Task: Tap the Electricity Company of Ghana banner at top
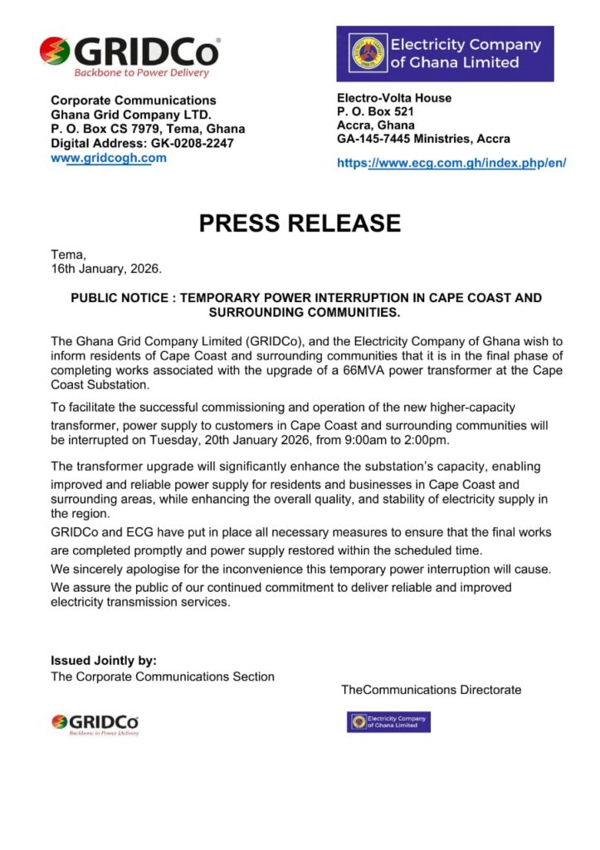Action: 445,53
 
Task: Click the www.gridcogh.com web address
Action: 109,158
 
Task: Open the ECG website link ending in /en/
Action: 451,164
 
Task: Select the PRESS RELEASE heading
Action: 300,222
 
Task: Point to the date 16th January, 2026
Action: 107,269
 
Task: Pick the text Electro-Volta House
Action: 394,98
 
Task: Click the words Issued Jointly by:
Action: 104,661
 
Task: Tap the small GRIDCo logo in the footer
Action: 95,724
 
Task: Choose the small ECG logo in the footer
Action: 388,721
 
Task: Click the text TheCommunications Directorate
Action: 431,690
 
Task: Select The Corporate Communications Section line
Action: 163,677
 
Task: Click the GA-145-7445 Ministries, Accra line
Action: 423,139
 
